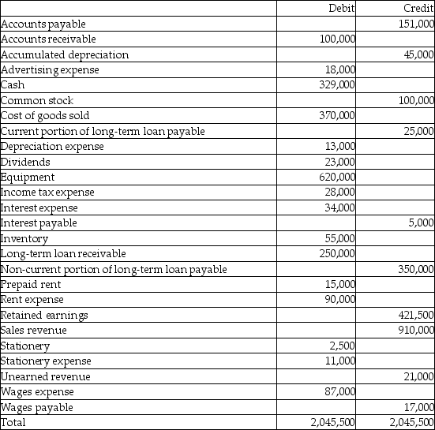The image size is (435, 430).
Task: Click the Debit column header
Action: pyautogui.click(x=340, y=8)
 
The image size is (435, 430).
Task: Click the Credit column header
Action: pyautogui.click(x=418, y=8)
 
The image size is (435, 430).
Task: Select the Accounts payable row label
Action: pyautogui.click(x=44, y=24)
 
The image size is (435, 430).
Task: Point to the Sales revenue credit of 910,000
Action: pyautogui.click(x=418, y=331)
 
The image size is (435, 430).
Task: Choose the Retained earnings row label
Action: pyautogui.click(x=45, y=315)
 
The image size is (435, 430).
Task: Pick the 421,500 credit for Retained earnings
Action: pyautogui.click(x=418, y=315)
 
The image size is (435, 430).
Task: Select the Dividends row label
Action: pyautogui.click(x=25, y=162)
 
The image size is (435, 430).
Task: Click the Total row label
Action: pyautogui.click(x=14, y=423)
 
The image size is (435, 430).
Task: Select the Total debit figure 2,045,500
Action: pyautogui.click(x=334, y=423)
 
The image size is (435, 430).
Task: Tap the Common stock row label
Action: pyautogui.click(x=37, y=100)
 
